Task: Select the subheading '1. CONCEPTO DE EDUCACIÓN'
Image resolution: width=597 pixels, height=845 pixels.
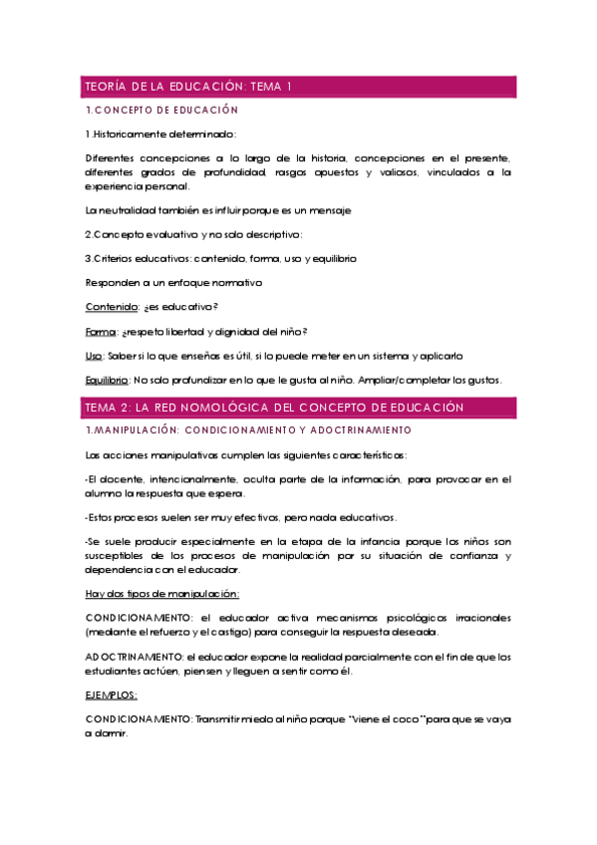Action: click(x=162, y=110)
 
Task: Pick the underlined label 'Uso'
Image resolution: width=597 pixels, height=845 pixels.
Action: click(x=95, y=355)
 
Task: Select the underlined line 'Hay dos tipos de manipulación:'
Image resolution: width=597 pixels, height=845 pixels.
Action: click(x=162, y=594)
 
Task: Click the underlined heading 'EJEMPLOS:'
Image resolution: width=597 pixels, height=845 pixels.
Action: click(x=112, y=695)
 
